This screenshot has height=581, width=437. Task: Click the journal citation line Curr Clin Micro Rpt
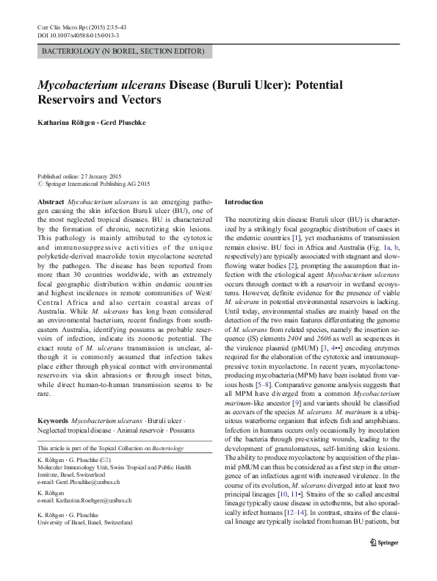pos(78,27)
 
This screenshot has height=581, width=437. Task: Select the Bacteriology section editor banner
pos(125,51)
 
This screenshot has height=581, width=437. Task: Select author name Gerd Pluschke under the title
pos(124,122)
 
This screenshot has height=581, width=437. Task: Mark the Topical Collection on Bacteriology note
pos(110,447)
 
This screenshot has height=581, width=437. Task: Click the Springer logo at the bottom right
pos(383,563)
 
